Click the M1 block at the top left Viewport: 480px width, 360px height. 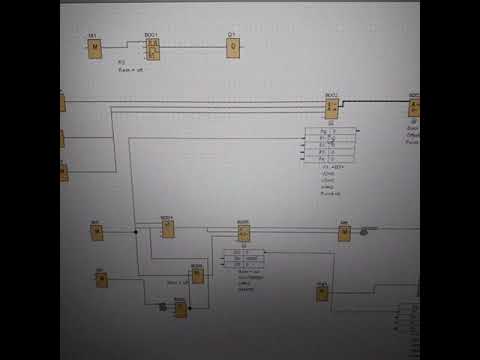coord(95,50)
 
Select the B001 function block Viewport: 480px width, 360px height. coord(153,49)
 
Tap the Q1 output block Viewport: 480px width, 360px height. coord(232,49)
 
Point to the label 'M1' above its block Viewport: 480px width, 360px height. coord(91,36)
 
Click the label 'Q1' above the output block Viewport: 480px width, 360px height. coord(231,36)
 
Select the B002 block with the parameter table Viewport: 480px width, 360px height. coord(332,109)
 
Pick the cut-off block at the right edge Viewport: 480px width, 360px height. coord(414,109)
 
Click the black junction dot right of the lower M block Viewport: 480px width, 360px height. coord(136,232)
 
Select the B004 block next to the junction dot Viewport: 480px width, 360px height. coord(168,228)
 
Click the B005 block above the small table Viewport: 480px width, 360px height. coord(244,233)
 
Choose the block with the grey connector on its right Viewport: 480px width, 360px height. coord(344,233)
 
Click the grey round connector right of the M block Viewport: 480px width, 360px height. coord(364,232)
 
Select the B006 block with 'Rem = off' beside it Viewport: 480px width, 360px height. coord(198,275)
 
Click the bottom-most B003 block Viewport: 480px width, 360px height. coord(181,310)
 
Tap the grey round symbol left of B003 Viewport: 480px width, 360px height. coord(162,307)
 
